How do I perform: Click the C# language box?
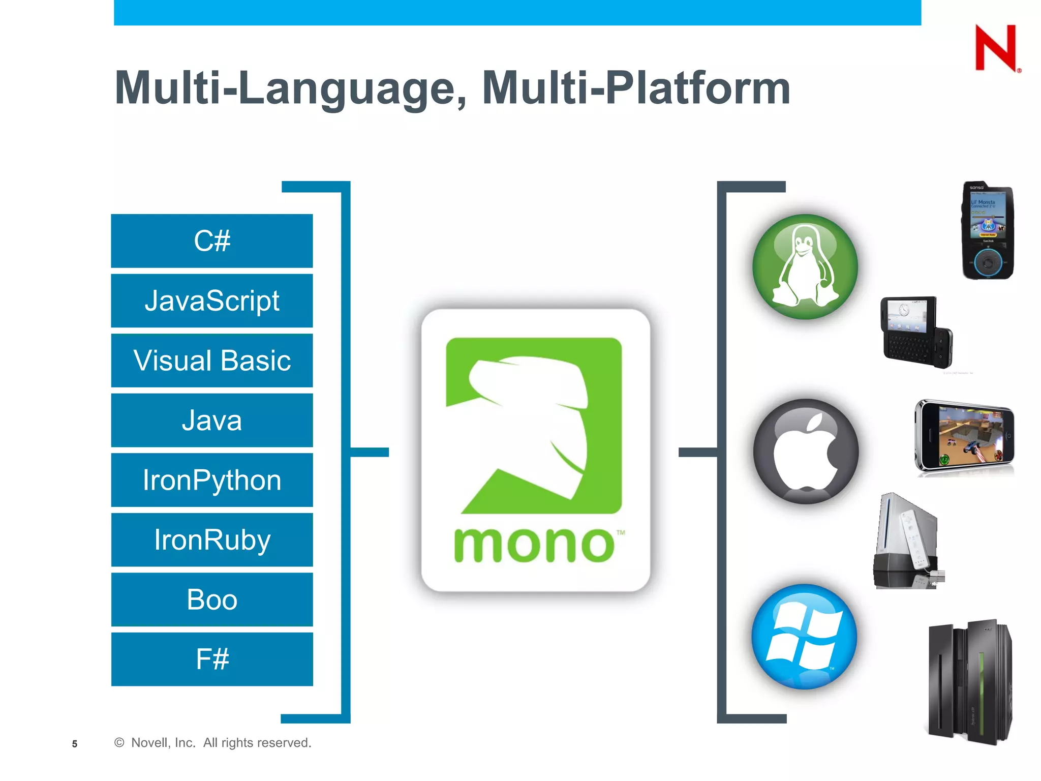point(212,241)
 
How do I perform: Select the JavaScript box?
point(212,301)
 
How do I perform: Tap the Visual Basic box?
point(212,361)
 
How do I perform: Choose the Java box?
point(212,420)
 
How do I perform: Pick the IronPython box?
point(212,480)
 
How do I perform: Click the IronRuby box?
point(212,540)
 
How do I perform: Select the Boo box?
point(212,599)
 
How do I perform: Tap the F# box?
point(212,659)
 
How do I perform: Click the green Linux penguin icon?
point(805,267)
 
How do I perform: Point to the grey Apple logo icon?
point(806,452)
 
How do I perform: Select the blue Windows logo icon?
point(804,637)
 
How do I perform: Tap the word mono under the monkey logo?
point(534,545)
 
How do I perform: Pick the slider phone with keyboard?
point(916,332)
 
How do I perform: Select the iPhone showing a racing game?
point(964,436)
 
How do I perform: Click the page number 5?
point(75,744)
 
